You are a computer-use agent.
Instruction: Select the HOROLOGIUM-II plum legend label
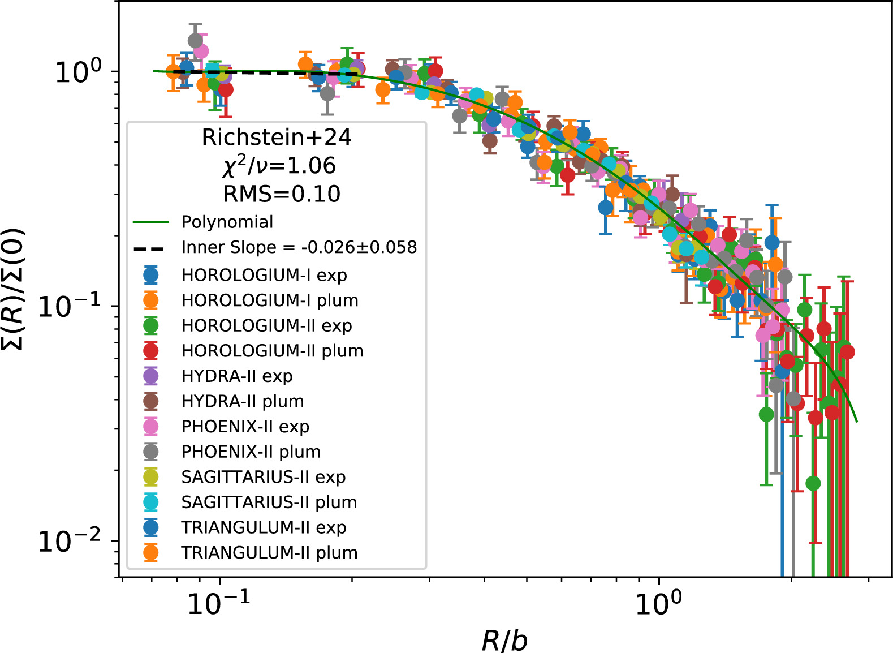[x=272, y=351]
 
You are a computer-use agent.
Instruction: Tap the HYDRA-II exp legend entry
[x=237, y=376]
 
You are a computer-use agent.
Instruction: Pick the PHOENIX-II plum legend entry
[x=251, y=452]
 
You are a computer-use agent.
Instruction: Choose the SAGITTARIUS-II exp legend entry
[x=263, y=477]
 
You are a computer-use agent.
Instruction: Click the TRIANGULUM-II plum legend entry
[x=269, y=553]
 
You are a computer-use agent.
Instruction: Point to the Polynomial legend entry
[x=227, y=222]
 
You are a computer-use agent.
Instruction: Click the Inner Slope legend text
[x=299, y=248]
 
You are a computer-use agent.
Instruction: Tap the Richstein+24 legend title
[x=277, y=138]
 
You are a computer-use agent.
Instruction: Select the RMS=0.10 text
[x=282, y=194]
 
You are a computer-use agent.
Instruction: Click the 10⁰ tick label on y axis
[x=78, y=71]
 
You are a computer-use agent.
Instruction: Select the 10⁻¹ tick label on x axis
[x=218, y=603]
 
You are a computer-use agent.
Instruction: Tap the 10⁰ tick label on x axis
[x=658, y=603]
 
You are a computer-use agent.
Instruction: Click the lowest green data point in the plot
[x=813, y=483]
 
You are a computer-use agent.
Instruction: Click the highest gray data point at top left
[x=195, y=41]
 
